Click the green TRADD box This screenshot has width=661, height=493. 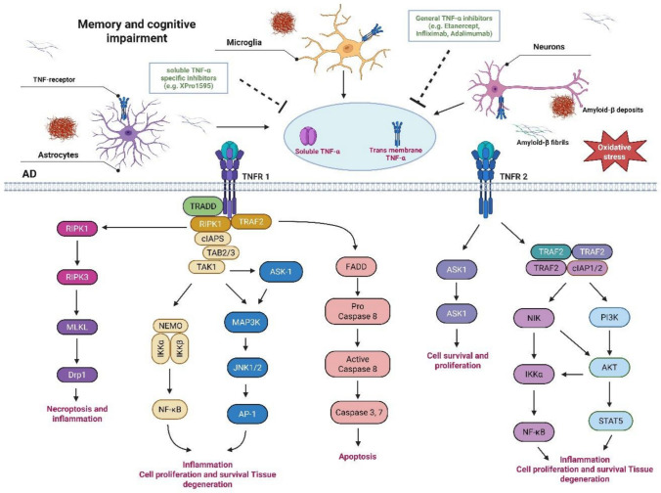[x=202, y=206]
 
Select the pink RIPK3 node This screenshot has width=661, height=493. [x=76, y=277]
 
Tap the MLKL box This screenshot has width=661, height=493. [x=76, y=327]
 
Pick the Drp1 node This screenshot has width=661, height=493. [x=76, y=375]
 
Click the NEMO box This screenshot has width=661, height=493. [x=170, y=326]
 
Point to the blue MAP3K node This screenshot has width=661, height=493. [x=245, y=323]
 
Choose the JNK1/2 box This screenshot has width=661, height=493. [x=247, y=368]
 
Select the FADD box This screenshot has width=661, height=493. [x=356, y=266]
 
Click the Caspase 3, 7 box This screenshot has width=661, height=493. [x=358, y=413]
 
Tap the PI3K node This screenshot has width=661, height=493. [x=609, y=317]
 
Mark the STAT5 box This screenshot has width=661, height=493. [x=610, y=421]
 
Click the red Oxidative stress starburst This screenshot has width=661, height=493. [x=614, y=151]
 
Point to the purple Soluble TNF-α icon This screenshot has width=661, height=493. [x=308, y=136]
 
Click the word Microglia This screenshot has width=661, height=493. [x=243, y=42]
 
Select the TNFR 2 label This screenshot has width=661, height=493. [x=513, y=177]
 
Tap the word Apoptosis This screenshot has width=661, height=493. [x=358, y=456]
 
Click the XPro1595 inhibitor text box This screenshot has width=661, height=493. [x=188, y=77]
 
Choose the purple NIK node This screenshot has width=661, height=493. [x=534, y=318]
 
